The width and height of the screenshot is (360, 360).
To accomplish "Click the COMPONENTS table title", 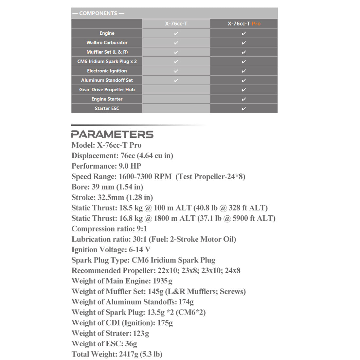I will tap(98, 13).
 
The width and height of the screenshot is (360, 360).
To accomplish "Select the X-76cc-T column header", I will tap(176, 24).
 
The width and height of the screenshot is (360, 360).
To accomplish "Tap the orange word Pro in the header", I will tap(256, 24).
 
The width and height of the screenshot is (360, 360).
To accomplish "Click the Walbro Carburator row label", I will tap(107, 43).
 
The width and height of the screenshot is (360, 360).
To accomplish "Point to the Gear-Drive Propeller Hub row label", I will tap(107, 90).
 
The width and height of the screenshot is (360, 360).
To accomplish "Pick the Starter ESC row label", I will tap(107, 108).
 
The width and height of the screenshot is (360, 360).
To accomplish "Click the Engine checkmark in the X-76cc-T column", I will tap(176, 33).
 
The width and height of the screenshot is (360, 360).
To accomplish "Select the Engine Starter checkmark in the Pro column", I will tap(244, 99).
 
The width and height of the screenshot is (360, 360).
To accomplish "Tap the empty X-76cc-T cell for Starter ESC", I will tap(176, 108).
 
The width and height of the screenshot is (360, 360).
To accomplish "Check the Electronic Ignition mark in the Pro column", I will tap(244, 71).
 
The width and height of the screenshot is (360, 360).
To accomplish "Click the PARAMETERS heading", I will tap(112, 134).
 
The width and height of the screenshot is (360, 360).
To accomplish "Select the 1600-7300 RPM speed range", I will tap(145, 176).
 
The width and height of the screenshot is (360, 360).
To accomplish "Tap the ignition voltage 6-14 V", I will tap(140, 250).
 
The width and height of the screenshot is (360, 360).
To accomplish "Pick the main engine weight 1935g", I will tap(163, 281).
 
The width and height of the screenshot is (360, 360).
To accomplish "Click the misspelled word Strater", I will tap(119, 333).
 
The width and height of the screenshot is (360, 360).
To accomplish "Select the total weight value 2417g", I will tap(128, 354).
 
